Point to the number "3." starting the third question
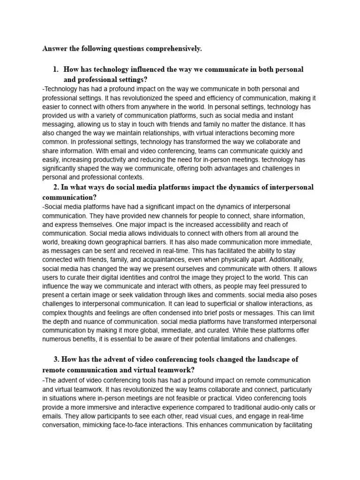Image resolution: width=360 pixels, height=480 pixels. pyautogui.click(x=57, y=360)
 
